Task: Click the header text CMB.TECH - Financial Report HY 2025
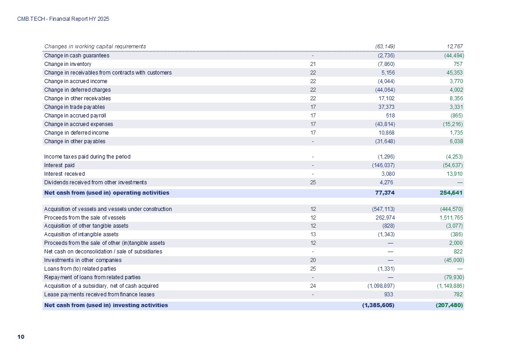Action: (x=63, y=19)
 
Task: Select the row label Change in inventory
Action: (x=68, y=64)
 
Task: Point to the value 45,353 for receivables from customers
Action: (x=453, y=73)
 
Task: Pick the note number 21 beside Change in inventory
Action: (x=313, y=64)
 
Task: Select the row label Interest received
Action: (x=64, y=174)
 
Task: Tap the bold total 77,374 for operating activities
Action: (x=385, y=193)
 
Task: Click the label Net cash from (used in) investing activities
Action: (x=106, y=305)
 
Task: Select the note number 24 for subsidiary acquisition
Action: (x=313, y=286)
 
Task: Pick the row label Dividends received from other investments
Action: (x=95, y=182)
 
